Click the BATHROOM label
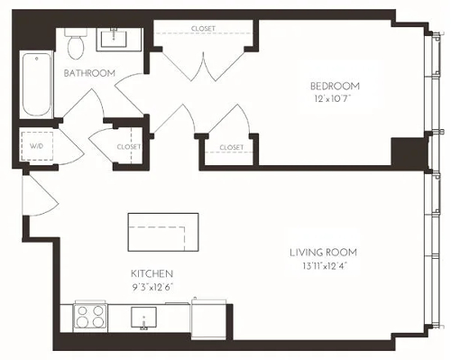point(87,72)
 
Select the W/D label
point(37,144)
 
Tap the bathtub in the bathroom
point(36,86)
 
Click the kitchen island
point(162,233)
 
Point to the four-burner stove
point(91,317)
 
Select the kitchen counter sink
point(143,318)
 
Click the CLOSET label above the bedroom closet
point(204,29)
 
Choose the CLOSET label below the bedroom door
point(231,146)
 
